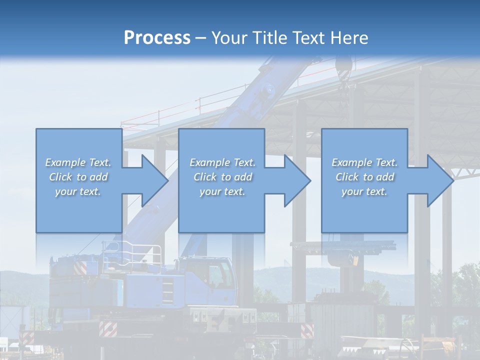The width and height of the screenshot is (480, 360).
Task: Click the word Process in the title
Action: (x=157, y=37)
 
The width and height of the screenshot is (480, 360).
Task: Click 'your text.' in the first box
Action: (x=78, y=191)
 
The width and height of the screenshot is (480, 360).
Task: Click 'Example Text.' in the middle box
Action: (x=222, y=162)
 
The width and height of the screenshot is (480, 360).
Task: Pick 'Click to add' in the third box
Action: (x=365, y=177)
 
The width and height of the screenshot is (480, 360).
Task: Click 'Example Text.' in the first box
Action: (x=78, y=162)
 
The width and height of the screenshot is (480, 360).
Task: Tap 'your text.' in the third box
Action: (x=364, y=191)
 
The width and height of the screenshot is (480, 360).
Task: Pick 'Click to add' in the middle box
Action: (x=222, y=177)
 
